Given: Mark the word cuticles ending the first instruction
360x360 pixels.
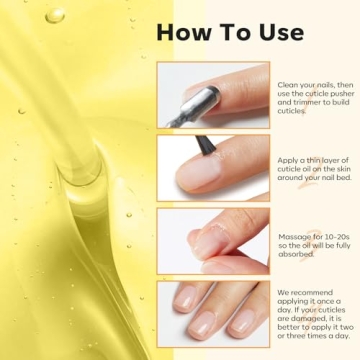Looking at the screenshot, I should [295, 110].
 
